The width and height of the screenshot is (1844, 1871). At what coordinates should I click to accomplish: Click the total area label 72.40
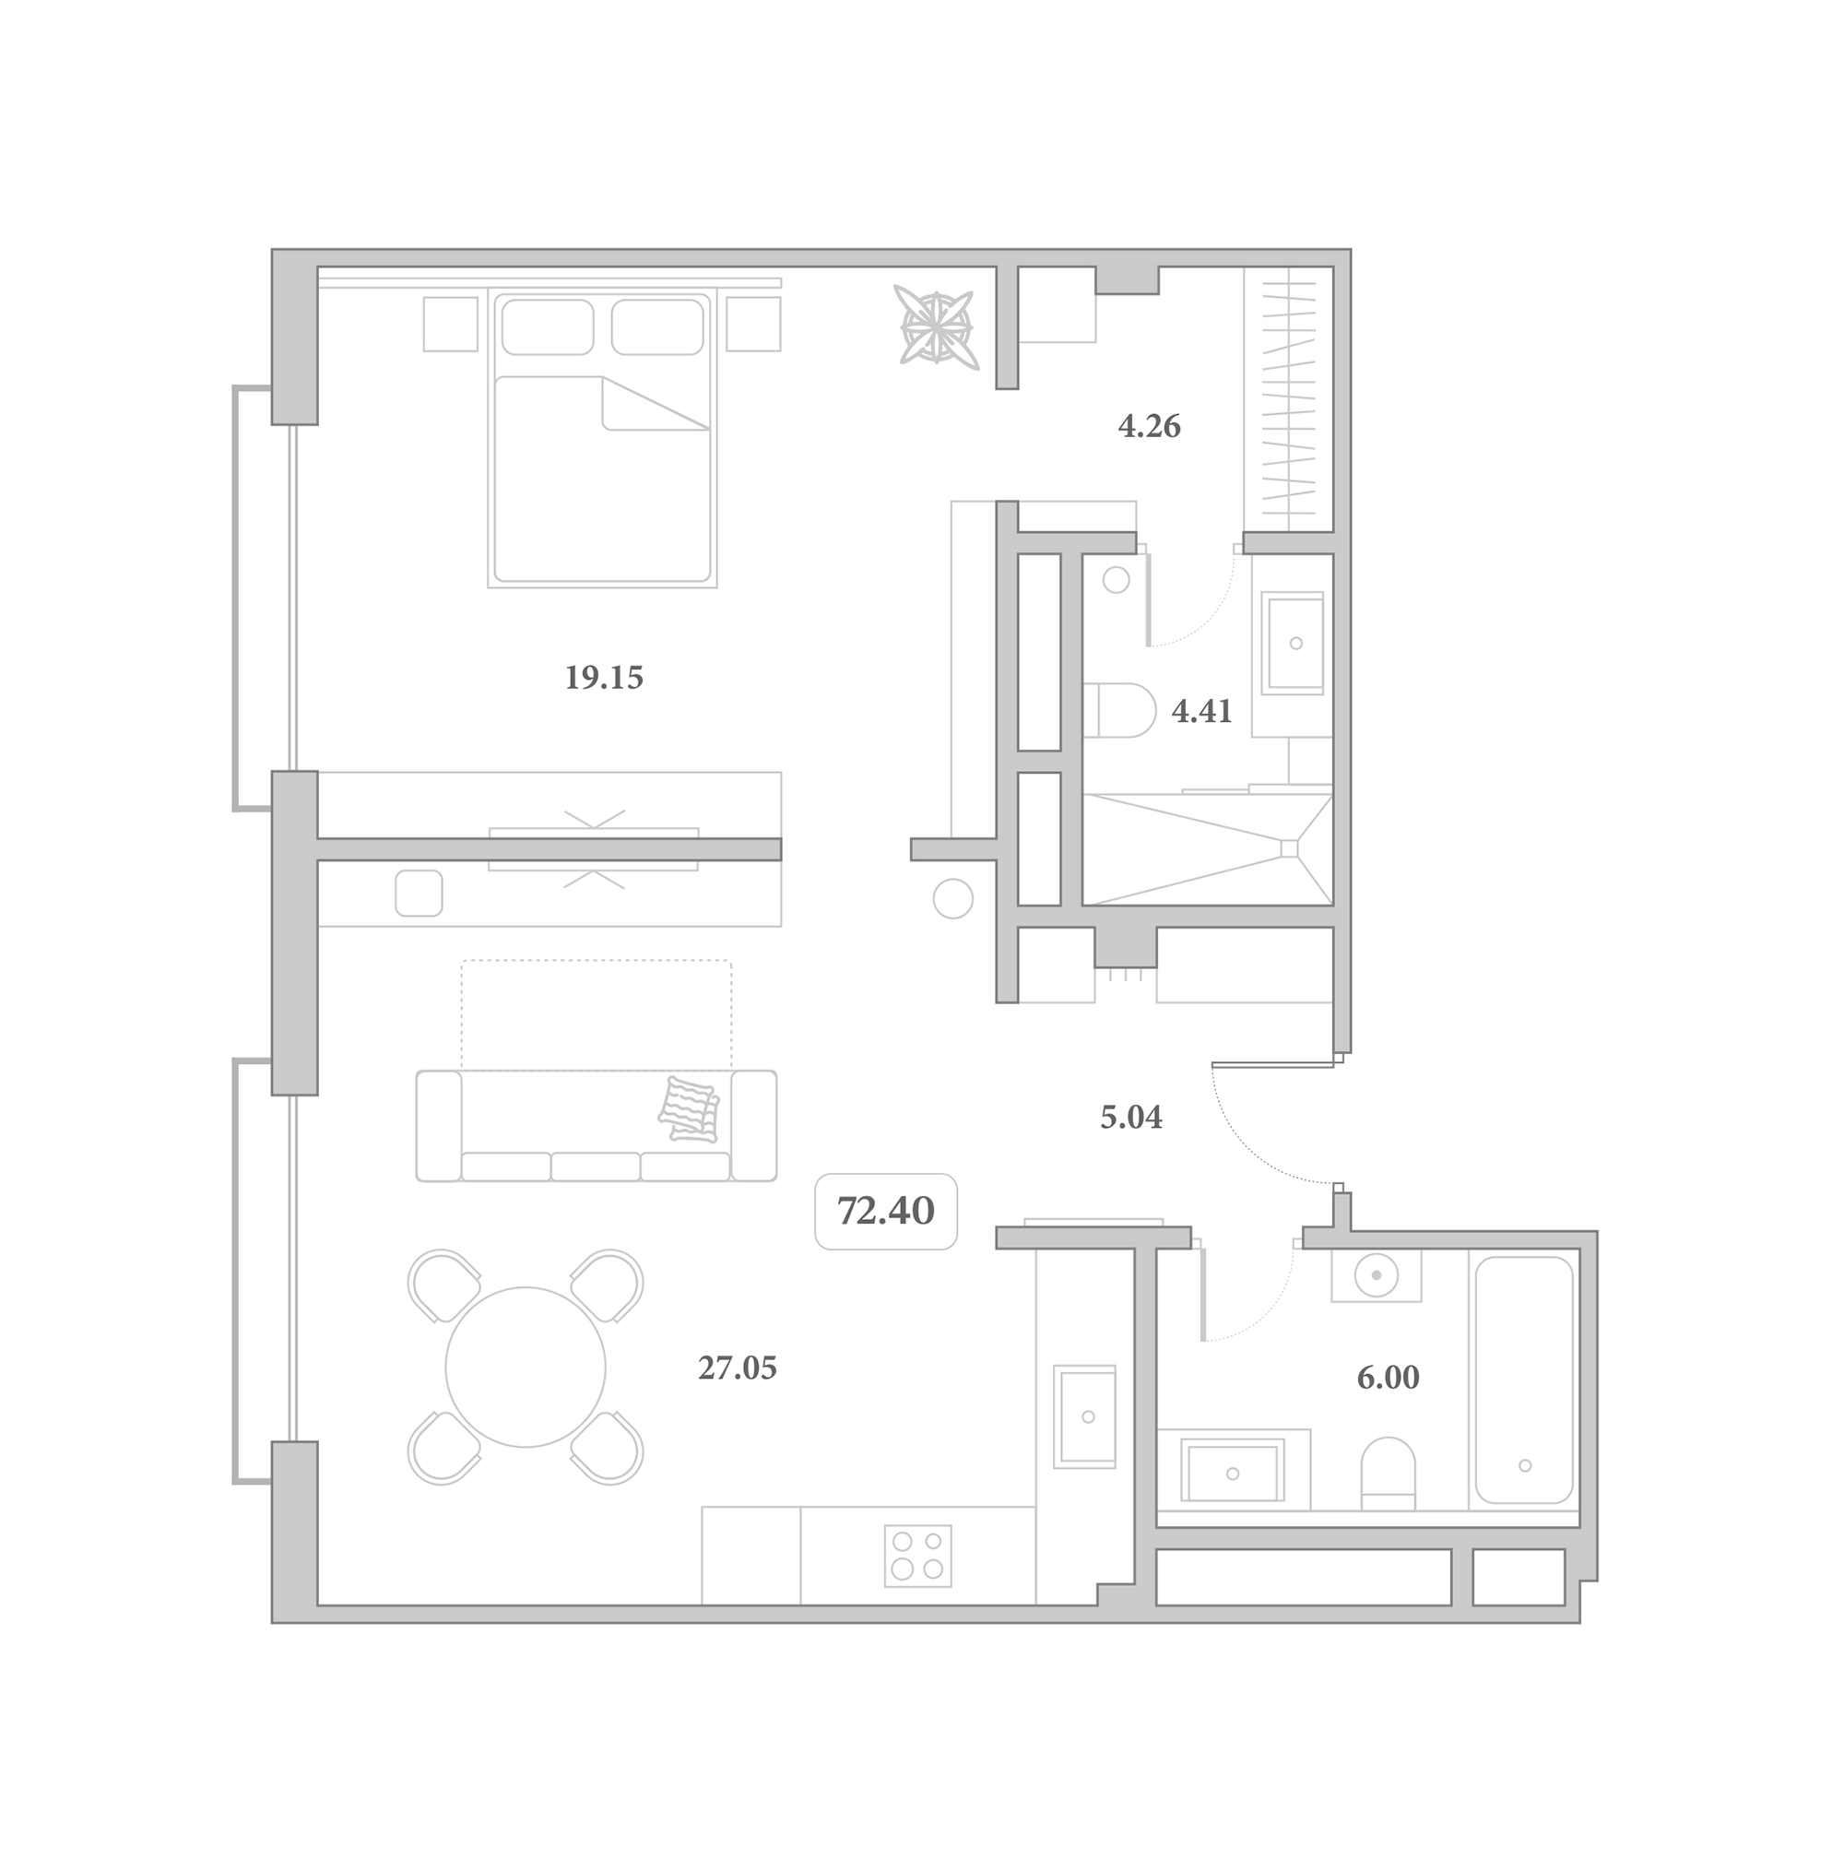[x=885, y=1212]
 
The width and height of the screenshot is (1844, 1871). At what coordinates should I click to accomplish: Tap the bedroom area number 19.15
[x=603, y=678]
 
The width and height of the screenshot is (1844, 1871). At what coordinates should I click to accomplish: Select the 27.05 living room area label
[x=737, y=1368]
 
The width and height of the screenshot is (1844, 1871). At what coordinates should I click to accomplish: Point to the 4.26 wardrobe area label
[x=1150, y=426]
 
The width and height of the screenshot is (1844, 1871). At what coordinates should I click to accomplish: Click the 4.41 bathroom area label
[x=1202, y=712]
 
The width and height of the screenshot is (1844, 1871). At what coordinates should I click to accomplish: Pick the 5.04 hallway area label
[x=1131, y=1118]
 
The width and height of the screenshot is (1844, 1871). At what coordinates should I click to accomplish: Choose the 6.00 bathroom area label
[x=1388, y=1377]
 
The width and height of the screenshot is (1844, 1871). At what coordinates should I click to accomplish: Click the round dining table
[x=525, y=1367]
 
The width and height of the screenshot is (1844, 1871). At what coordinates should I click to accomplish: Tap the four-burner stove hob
[x=917, y=1557]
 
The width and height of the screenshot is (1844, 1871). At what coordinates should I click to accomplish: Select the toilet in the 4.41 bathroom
[x=1119, y=711]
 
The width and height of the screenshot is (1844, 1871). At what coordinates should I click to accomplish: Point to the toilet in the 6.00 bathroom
[x=1388, y=1473]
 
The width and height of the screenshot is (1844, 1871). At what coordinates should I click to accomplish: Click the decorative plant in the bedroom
[x=936, y=326]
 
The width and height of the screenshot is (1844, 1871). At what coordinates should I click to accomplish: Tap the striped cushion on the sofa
[x=689, y=1107]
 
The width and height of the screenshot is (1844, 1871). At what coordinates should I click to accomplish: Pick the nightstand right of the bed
[x=753, y=324]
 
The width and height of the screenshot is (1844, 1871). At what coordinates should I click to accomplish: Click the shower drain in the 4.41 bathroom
[x=1289, y=848]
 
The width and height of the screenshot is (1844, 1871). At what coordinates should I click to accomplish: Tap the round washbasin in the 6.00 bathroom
[x=1376, y=1274]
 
